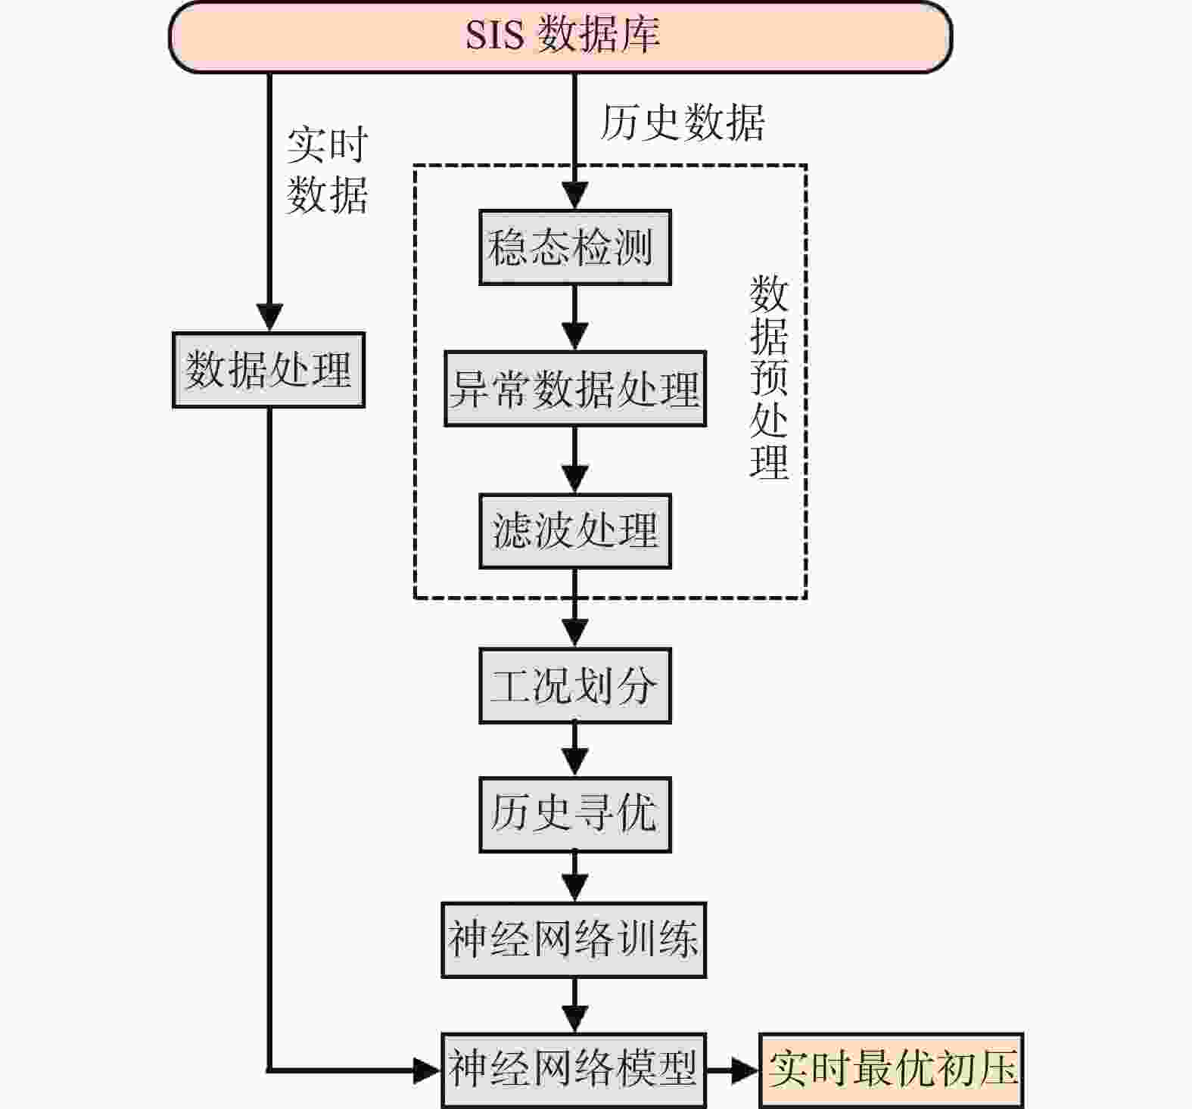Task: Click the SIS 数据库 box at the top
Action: point(560,36)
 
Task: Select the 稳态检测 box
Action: point(575,247)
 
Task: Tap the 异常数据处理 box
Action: point(575,389)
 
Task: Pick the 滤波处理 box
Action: point(575,531)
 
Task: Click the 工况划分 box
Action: point(575,685)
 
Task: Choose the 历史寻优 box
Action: point(575,815)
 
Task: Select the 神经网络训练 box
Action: point(574,940)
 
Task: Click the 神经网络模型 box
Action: point(574,1070)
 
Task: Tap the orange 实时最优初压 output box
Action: point(892,1070)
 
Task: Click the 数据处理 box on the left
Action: point(269,370)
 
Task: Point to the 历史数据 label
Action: point(682,122)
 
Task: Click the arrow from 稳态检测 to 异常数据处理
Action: point(575,318)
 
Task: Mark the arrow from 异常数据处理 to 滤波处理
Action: point(575,460)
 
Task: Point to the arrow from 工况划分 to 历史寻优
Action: point(575,750)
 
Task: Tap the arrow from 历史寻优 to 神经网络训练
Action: point(575,877)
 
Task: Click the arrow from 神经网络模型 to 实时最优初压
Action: point(733,1070)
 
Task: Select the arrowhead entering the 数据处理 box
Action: point(269,318)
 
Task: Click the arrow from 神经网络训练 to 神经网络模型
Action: point(575,1005)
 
